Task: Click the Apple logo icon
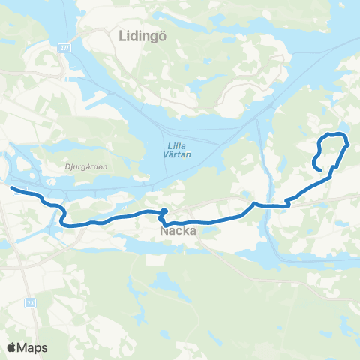coord(12,347)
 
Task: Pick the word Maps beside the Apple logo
coord(32,347)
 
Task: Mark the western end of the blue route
coord(11,187)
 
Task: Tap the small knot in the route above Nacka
coord(163,214)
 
